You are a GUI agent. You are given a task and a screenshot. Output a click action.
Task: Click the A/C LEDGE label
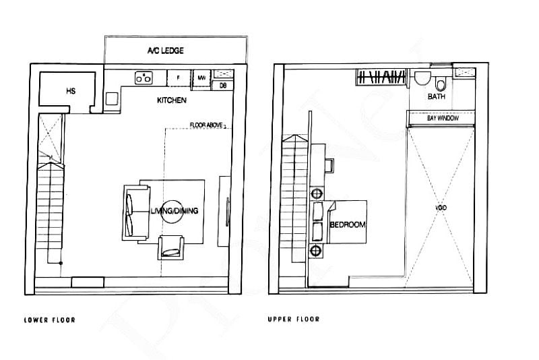[165, 51]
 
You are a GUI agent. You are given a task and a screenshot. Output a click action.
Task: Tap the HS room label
[70, 90]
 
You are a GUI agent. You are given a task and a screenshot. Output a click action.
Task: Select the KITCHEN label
[172, 100]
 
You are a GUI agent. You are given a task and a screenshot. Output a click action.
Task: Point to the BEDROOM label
[348, 224]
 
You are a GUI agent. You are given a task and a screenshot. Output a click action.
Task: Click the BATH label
[436, 97]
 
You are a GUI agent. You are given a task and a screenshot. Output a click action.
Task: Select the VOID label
[441, 208]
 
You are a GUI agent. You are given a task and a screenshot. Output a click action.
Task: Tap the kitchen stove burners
[143, 78]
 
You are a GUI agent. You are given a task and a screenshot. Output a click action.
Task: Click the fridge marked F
[178, 78]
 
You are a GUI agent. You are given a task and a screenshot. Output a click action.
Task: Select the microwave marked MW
[201, 78]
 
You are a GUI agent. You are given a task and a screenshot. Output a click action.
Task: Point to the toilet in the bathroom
[441, 84]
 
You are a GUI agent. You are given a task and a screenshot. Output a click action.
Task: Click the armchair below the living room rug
[172, 247]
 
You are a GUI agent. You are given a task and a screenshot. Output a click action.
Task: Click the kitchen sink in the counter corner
[112, 98]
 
